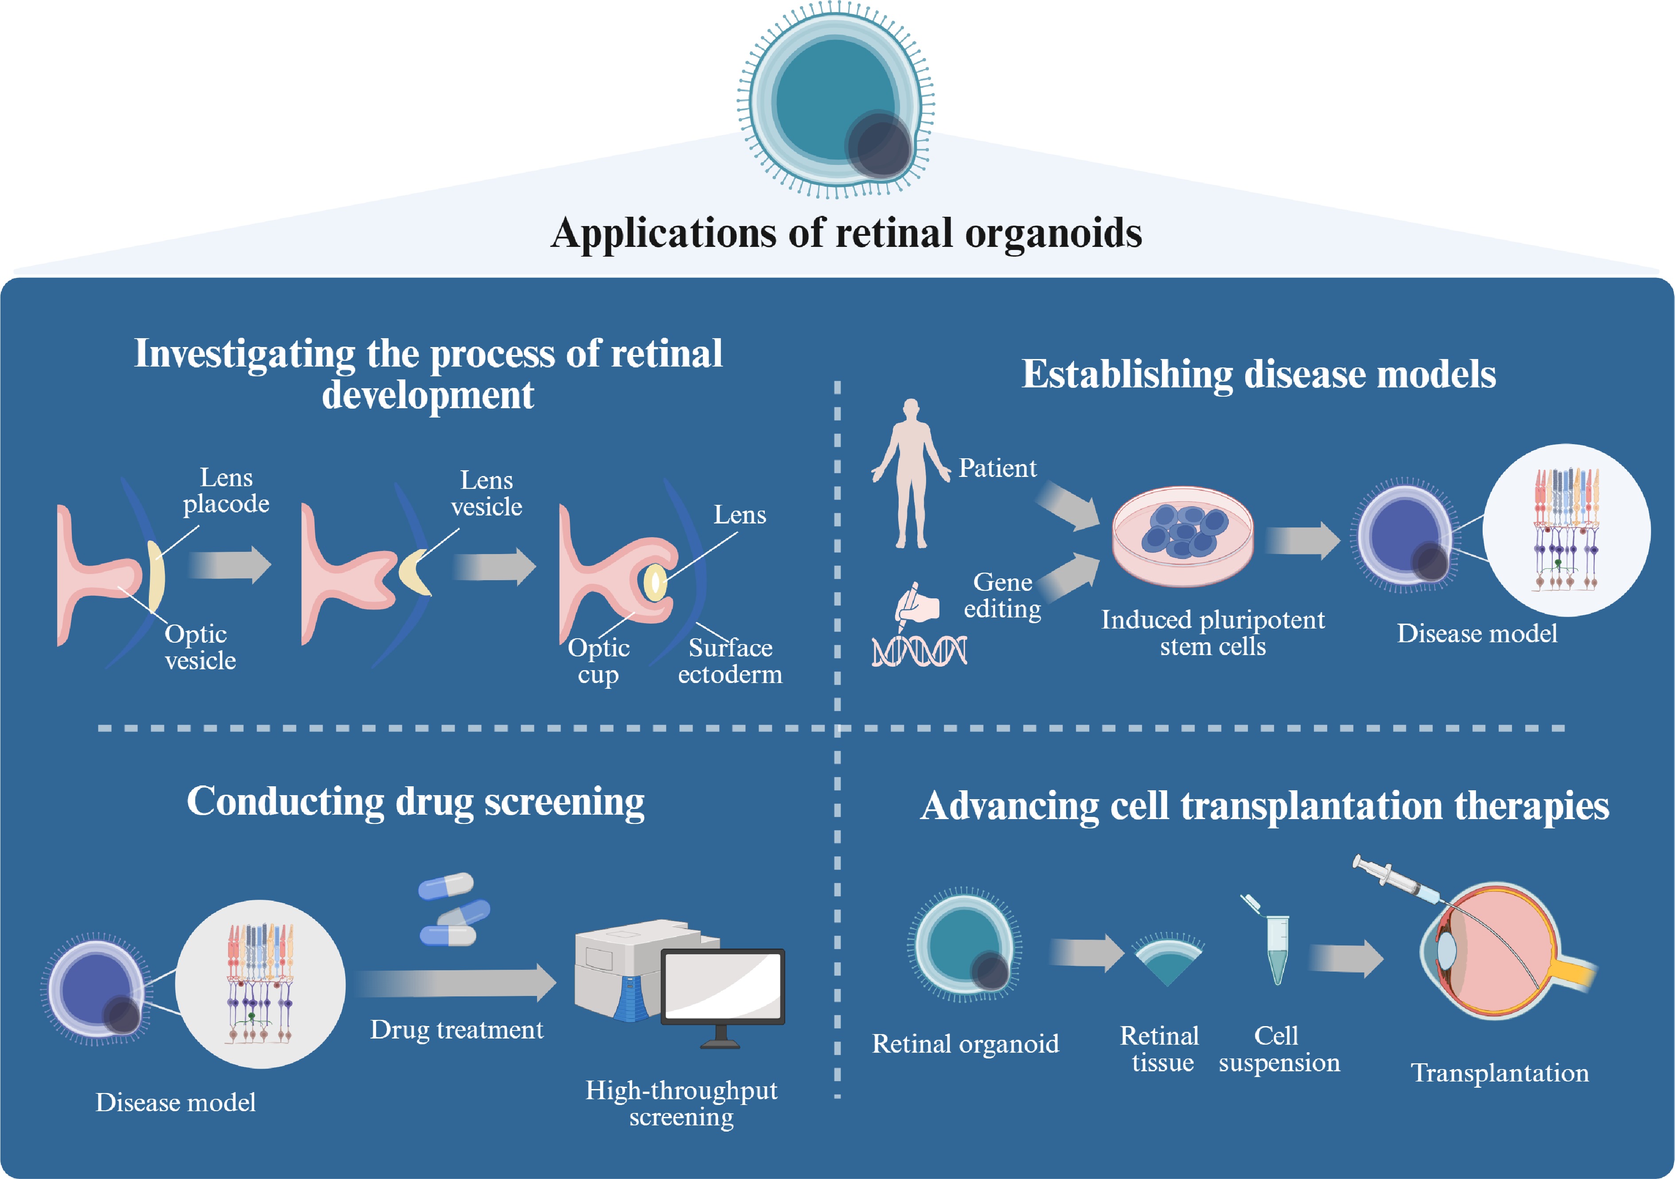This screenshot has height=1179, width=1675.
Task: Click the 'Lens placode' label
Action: [226, 491]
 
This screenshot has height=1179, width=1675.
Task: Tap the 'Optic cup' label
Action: [598, 661]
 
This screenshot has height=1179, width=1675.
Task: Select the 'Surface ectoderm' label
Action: [730, 661]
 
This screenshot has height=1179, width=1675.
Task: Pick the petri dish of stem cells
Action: [1183, 537]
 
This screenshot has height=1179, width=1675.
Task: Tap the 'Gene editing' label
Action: [1002, 595]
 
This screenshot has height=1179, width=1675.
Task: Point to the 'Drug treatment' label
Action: [457, 1030]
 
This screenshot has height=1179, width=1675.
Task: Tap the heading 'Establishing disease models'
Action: [1258, 374]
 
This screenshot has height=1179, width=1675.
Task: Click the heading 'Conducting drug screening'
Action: [416, 802]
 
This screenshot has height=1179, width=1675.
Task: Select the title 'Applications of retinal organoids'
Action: [846, 234]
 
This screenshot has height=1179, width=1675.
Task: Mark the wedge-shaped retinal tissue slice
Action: [1167, 961]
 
